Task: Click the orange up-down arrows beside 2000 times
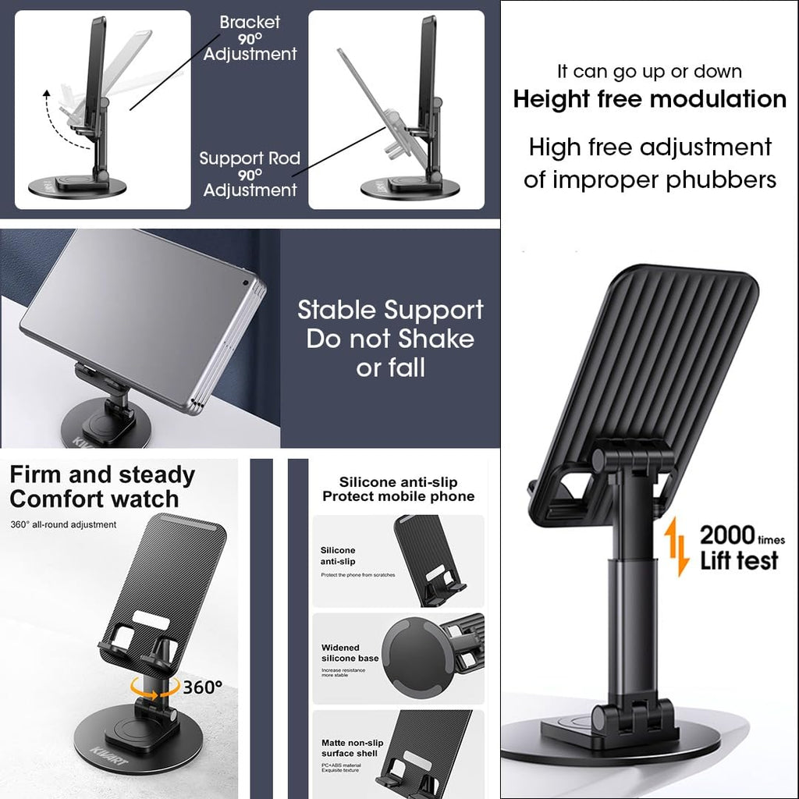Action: click(x=677, y=547)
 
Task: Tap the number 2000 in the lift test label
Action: click(x=727, y=535)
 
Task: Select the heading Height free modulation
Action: click(x=649, y=99)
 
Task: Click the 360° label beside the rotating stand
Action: click(x=203, y=687)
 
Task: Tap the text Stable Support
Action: click(x=390, y=310)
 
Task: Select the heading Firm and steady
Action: click(x=102, y=474)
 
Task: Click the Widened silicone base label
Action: click(x=350, y=653)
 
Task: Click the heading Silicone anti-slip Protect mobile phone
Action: click(x=398, y=489)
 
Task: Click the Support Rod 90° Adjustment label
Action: click(x=250, y=173)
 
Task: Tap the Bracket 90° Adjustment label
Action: click(x=250, y=38)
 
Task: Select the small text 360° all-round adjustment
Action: click(x=63, y=524)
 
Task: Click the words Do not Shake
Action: click(x=390, y=339)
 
